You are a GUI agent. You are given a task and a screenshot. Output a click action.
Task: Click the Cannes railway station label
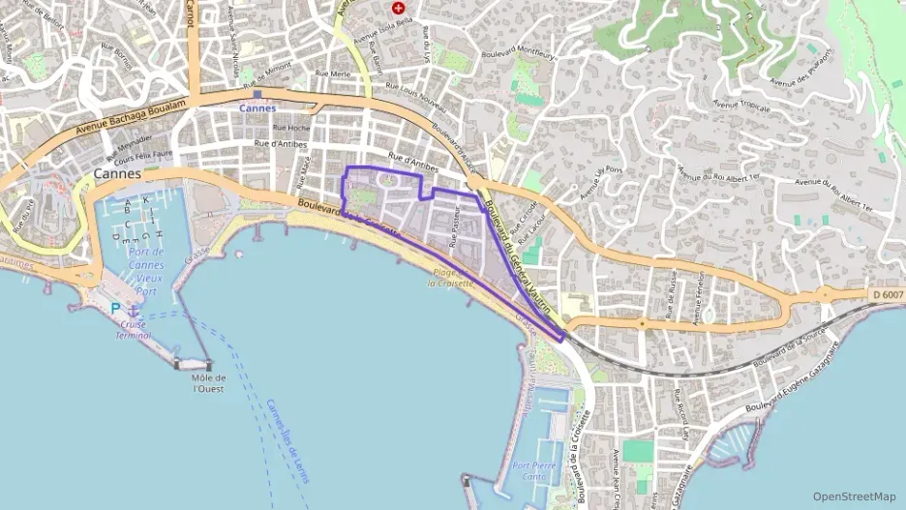point(257,108)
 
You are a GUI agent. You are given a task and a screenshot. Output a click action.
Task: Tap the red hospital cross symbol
point(398,8)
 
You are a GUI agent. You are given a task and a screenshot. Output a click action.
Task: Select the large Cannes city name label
point(118,173)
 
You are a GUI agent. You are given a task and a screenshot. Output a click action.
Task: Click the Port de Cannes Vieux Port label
point(146,271)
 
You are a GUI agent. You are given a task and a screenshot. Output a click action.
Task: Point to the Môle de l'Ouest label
point(208,383)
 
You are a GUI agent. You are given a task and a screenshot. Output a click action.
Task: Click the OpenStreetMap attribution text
point(855,496)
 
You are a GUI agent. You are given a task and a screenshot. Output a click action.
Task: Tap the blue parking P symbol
point(116,308)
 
